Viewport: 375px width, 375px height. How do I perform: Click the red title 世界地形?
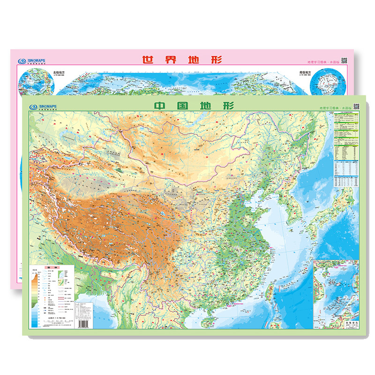[x=182, y=60]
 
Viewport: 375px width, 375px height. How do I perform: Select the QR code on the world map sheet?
[x=344, y=60]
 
